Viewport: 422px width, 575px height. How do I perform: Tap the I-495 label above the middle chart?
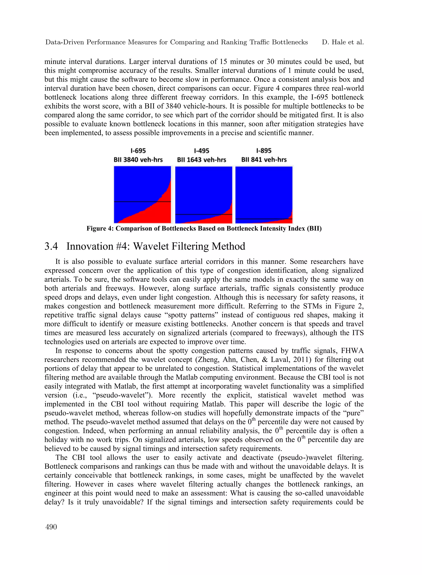click(202, 151)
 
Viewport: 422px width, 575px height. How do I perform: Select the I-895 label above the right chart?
click(264, 151)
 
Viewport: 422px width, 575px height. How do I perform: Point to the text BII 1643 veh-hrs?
click(202, 160)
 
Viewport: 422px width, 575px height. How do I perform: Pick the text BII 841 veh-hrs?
click(264, 160)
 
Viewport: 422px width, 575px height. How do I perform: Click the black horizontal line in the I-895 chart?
click(256, 219)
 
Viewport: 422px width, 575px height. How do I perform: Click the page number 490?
click(51, 527)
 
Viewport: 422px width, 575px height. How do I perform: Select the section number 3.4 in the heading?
click(51, 246)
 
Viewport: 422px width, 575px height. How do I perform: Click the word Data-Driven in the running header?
click(65, 42)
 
